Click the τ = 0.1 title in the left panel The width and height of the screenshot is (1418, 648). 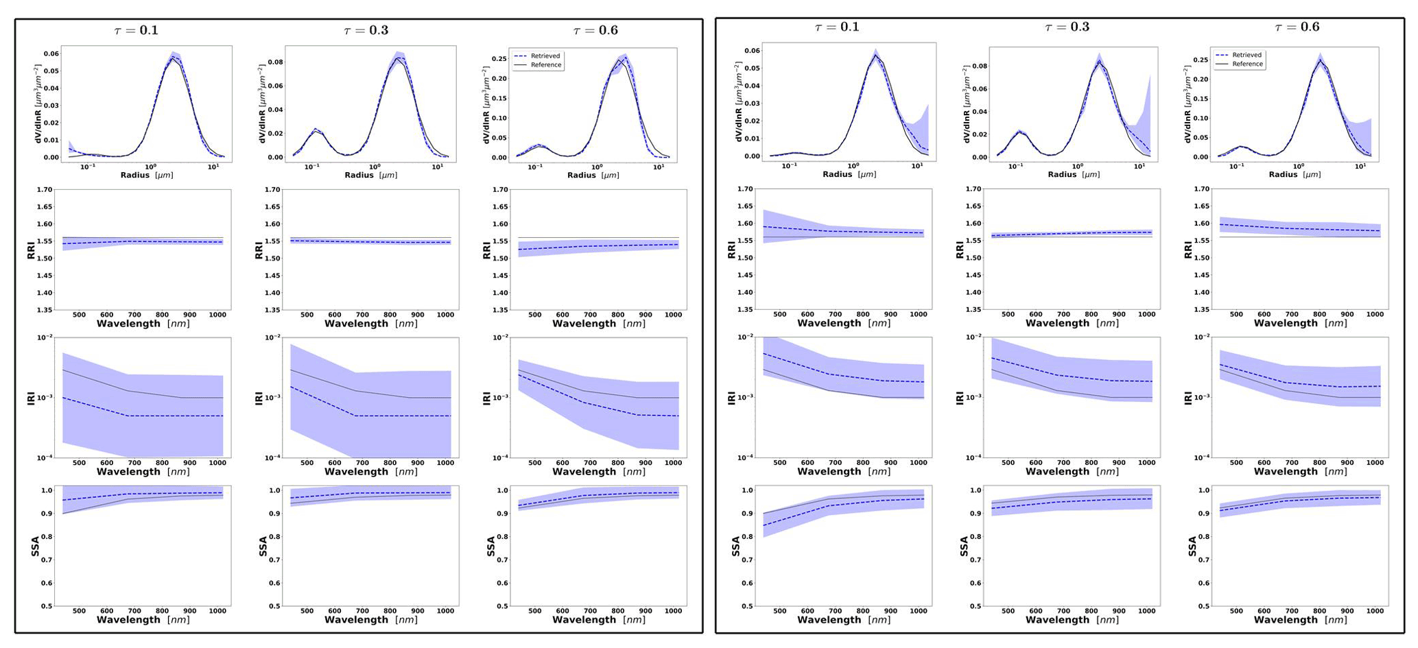coord(136,30)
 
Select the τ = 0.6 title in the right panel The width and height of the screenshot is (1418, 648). coord(1297,27)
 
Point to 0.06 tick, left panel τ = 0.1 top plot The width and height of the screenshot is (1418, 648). coord(51,53)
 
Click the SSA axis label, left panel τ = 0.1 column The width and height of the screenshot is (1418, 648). coord(36,547)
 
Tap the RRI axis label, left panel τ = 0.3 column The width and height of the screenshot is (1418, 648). coord(259,250)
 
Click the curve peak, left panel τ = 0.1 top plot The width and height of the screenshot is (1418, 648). coord(174,57)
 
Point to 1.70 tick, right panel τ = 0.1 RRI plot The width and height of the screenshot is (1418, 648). coord(742,189)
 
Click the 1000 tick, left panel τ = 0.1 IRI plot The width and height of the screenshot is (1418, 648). coord(217,463)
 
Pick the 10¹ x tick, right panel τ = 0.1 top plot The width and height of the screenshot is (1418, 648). coord(917,166)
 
